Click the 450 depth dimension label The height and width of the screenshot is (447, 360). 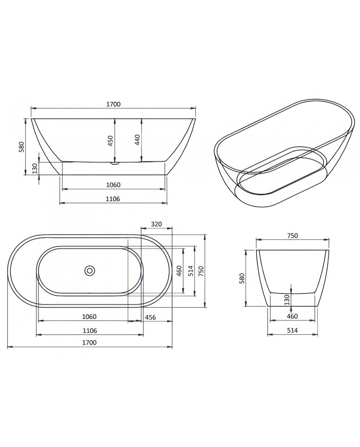[x=110, y=141]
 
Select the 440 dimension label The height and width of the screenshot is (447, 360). [x=137, y=141]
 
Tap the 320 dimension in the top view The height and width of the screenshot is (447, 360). [x=157, y=224]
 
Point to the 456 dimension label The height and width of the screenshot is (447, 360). [x=151, y=317]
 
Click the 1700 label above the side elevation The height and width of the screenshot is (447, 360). [x=113, y=104]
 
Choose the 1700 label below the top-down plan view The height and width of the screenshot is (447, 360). [x=89, y=342]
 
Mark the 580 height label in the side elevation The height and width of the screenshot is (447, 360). [x=22, y=147]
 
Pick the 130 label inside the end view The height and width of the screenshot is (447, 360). [x=287, y=299]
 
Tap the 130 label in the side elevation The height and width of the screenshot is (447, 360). [x=35, y=168]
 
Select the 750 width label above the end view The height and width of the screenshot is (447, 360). [x=292, y=236]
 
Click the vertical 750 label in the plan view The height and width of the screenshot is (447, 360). [x=201, y=271]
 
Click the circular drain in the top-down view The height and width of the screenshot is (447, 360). [x=90, y=270]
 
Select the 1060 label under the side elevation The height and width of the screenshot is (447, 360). [x=113, y=185]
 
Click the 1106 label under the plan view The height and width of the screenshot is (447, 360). [x=89, y=330]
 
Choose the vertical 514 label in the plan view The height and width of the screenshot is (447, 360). [x=190, y=271]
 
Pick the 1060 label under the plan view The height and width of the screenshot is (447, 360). [x=89, y=317]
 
